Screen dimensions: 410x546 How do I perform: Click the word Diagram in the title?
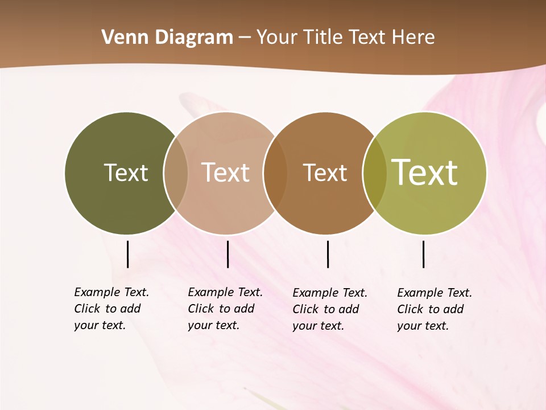coord(194,38)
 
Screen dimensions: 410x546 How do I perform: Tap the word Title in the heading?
coord(322,38)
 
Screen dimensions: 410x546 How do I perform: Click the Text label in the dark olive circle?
coord(126,173)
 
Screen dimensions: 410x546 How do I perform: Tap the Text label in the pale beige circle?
coord(225,173)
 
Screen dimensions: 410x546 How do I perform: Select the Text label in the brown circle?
coord(325,173)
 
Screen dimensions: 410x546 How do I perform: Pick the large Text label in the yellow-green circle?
coord(425,173)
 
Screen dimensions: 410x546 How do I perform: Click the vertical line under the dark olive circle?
coord(127,254)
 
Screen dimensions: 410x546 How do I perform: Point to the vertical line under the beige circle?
coord(227,254)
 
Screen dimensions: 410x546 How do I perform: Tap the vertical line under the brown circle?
coord(328,254)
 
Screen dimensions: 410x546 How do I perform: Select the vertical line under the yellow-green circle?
coord(423,254)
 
